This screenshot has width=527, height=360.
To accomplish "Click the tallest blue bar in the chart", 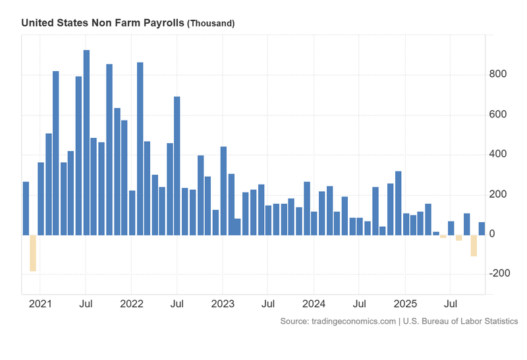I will (x=86, y=142).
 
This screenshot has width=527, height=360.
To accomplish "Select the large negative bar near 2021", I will (x=33, y=253).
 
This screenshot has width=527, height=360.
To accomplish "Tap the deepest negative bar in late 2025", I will (x=474, y=245).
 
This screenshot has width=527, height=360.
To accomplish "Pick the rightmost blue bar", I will (x=482, y=228).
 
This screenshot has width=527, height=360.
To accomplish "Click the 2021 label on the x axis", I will (x=40, y=305).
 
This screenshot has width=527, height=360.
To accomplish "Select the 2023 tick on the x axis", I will (x=223, y=305).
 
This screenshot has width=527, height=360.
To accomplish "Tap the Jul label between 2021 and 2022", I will (x=86, y=305).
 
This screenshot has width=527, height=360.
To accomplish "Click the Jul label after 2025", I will (x=450, y=305).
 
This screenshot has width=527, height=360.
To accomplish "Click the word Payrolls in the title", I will (x=163, y=22).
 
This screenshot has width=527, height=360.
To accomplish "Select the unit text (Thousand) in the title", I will (x=211, y=23).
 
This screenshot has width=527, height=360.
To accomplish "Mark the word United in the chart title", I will (x=37, y=22).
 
